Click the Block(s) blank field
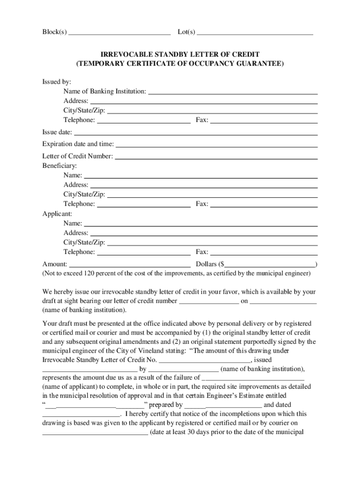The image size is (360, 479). tap(119, 32)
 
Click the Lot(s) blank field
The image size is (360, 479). tap(255, 32)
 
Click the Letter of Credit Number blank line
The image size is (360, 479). tap(216, 156)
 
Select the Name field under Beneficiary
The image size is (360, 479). tap(201, 175)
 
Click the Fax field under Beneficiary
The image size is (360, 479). tap(264, 204)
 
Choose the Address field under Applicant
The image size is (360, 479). tap(204, 233)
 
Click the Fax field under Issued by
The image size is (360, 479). tap(264, 120)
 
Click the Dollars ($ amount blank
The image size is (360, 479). tap(270, 264)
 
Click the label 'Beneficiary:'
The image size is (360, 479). tap(59, 166)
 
